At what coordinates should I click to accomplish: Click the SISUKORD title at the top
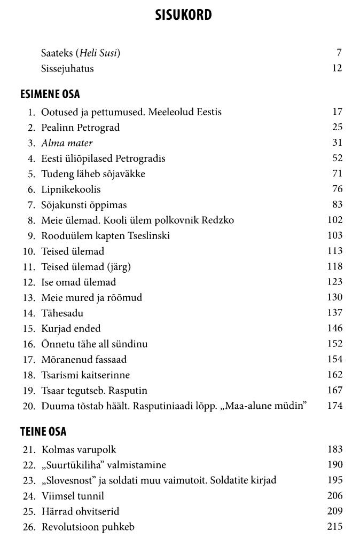click(183, 15)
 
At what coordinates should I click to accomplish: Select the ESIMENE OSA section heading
click(50, 94)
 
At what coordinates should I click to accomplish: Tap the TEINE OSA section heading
click(43, 432)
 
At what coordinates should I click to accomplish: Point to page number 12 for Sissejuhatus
click(336, 68)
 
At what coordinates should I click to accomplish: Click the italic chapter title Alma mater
click(67, 143)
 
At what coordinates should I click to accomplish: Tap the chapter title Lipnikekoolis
click(71, 189)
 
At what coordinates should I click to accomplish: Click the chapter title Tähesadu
click(62, 313)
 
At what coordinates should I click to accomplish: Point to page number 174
click(334, 406)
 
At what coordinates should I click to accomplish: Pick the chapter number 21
click(28, 450)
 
